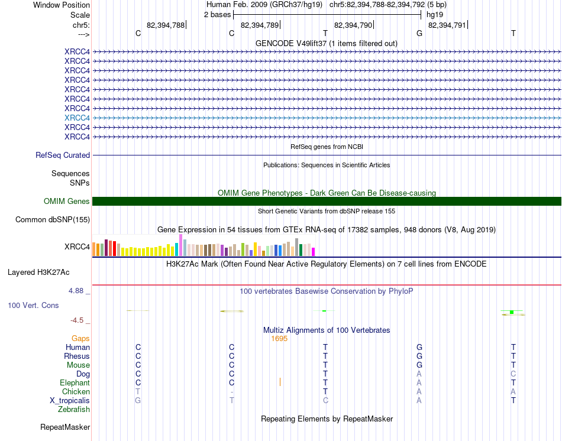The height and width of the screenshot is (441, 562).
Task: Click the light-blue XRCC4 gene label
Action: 77,118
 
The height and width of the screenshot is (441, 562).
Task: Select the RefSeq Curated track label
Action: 63,155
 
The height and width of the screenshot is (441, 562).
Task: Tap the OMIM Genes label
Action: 67,202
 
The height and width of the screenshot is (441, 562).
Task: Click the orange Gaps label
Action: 80,339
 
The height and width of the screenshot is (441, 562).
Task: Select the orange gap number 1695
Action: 279,339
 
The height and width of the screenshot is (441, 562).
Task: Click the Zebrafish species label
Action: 74,409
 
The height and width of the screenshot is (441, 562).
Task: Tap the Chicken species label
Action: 76,391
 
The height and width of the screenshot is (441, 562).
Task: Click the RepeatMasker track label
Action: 65,427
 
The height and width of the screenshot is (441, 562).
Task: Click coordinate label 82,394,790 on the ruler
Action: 353,25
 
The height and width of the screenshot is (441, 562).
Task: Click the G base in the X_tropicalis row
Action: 138,400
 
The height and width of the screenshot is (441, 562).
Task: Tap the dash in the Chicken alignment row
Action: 232,391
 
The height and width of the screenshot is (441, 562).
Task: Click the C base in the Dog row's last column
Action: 513,374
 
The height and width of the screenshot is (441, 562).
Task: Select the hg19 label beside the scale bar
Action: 435,14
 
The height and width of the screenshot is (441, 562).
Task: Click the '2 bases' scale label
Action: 217,14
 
